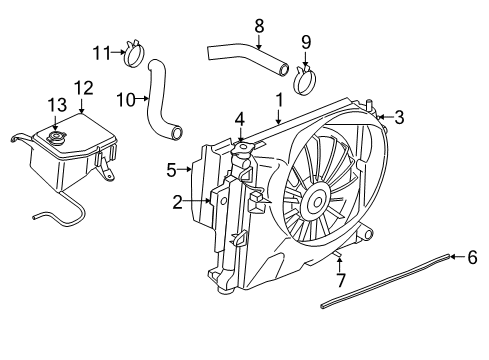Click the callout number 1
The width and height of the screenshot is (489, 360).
coord(280,100)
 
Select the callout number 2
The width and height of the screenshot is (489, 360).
coord(177,202)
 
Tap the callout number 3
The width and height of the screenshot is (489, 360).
coord(399,118)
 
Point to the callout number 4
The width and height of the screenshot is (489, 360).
coord(240,119)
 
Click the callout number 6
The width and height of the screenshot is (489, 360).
coord(472,257)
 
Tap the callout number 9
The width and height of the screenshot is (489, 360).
coord(306,41)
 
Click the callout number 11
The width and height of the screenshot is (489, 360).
coord(101,51)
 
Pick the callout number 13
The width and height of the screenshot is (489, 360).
coord(52,103)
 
